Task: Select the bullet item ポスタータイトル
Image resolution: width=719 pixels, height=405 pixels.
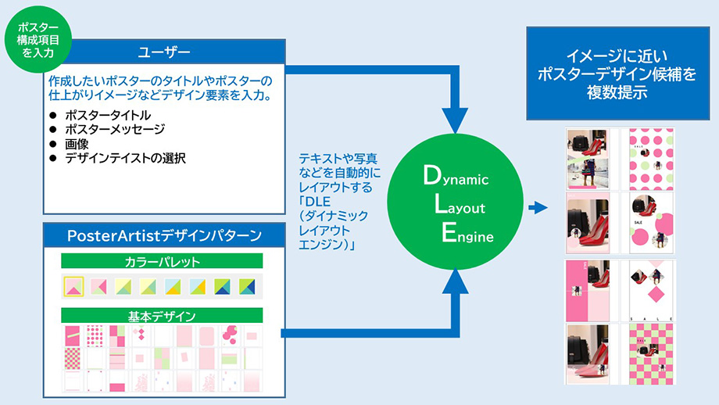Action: coord(107,116)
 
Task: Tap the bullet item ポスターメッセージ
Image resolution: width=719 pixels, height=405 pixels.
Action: coord(115,130)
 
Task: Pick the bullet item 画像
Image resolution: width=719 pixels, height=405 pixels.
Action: coord(77,144)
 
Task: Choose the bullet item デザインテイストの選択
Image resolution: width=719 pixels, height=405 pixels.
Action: coord(125,158)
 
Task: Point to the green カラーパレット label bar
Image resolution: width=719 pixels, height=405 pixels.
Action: coord(162,261)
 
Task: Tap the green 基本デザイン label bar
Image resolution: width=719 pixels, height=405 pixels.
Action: coord(162,317)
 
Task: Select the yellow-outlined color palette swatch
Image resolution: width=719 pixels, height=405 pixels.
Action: coord(74,287)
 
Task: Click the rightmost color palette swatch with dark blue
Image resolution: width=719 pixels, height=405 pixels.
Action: coord(247,287)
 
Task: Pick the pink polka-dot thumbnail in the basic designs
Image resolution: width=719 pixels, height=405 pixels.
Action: coord(95,336)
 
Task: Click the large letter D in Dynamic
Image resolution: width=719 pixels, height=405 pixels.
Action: coord(431,177)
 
